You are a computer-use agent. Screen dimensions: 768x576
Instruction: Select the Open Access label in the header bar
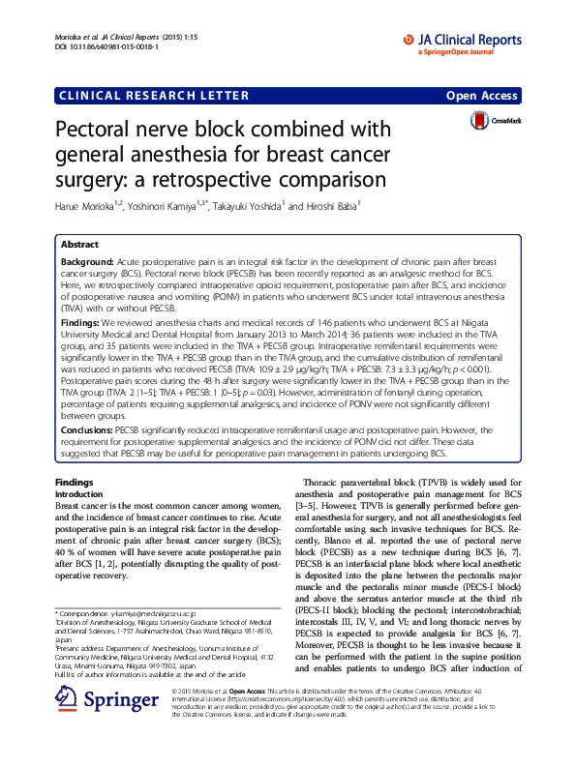483,96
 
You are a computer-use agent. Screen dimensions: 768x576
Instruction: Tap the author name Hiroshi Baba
331,205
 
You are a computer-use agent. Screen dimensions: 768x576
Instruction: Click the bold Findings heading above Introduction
74,481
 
